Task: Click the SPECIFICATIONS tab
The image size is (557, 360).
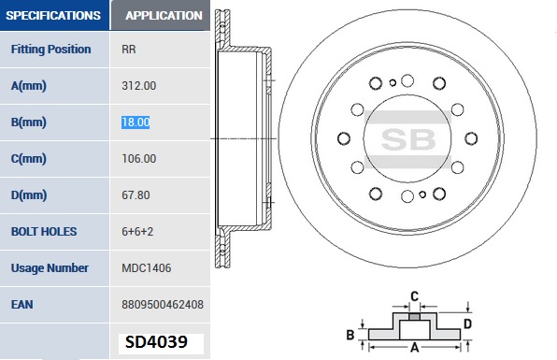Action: pos(54,15)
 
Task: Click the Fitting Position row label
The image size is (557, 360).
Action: pos(50,49)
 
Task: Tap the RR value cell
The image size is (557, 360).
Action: pos(129,49)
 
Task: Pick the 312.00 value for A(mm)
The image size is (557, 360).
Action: pos(139,86)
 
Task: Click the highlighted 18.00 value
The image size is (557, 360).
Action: pos(136,122)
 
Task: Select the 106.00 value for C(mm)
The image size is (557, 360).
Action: pos(139,159)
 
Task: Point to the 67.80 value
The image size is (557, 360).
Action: pos(136,195)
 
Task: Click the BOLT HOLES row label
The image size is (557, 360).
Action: pos(44,231)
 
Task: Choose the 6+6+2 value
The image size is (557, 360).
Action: pos(137,231)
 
